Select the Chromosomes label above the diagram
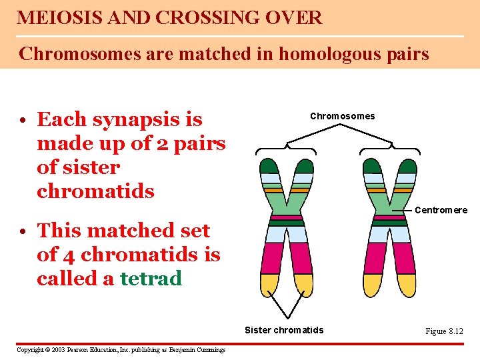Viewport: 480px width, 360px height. pos(342,116)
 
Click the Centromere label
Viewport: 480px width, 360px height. pos(441,210)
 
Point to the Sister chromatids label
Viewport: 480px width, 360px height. pos(284,330)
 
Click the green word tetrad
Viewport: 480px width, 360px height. pos(151,279)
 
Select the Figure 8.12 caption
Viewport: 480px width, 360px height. pos(444,331)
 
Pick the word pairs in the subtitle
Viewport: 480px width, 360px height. pos(405,53)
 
